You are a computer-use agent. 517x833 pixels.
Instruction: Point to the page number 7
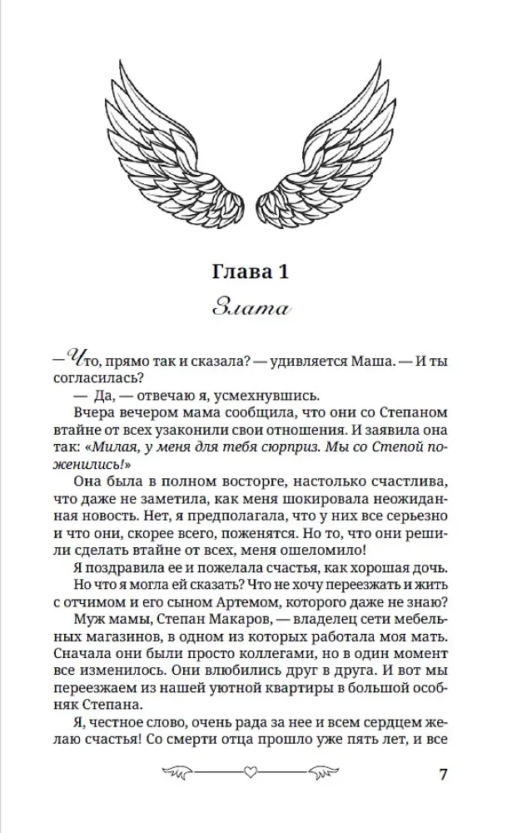point(443,773)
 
